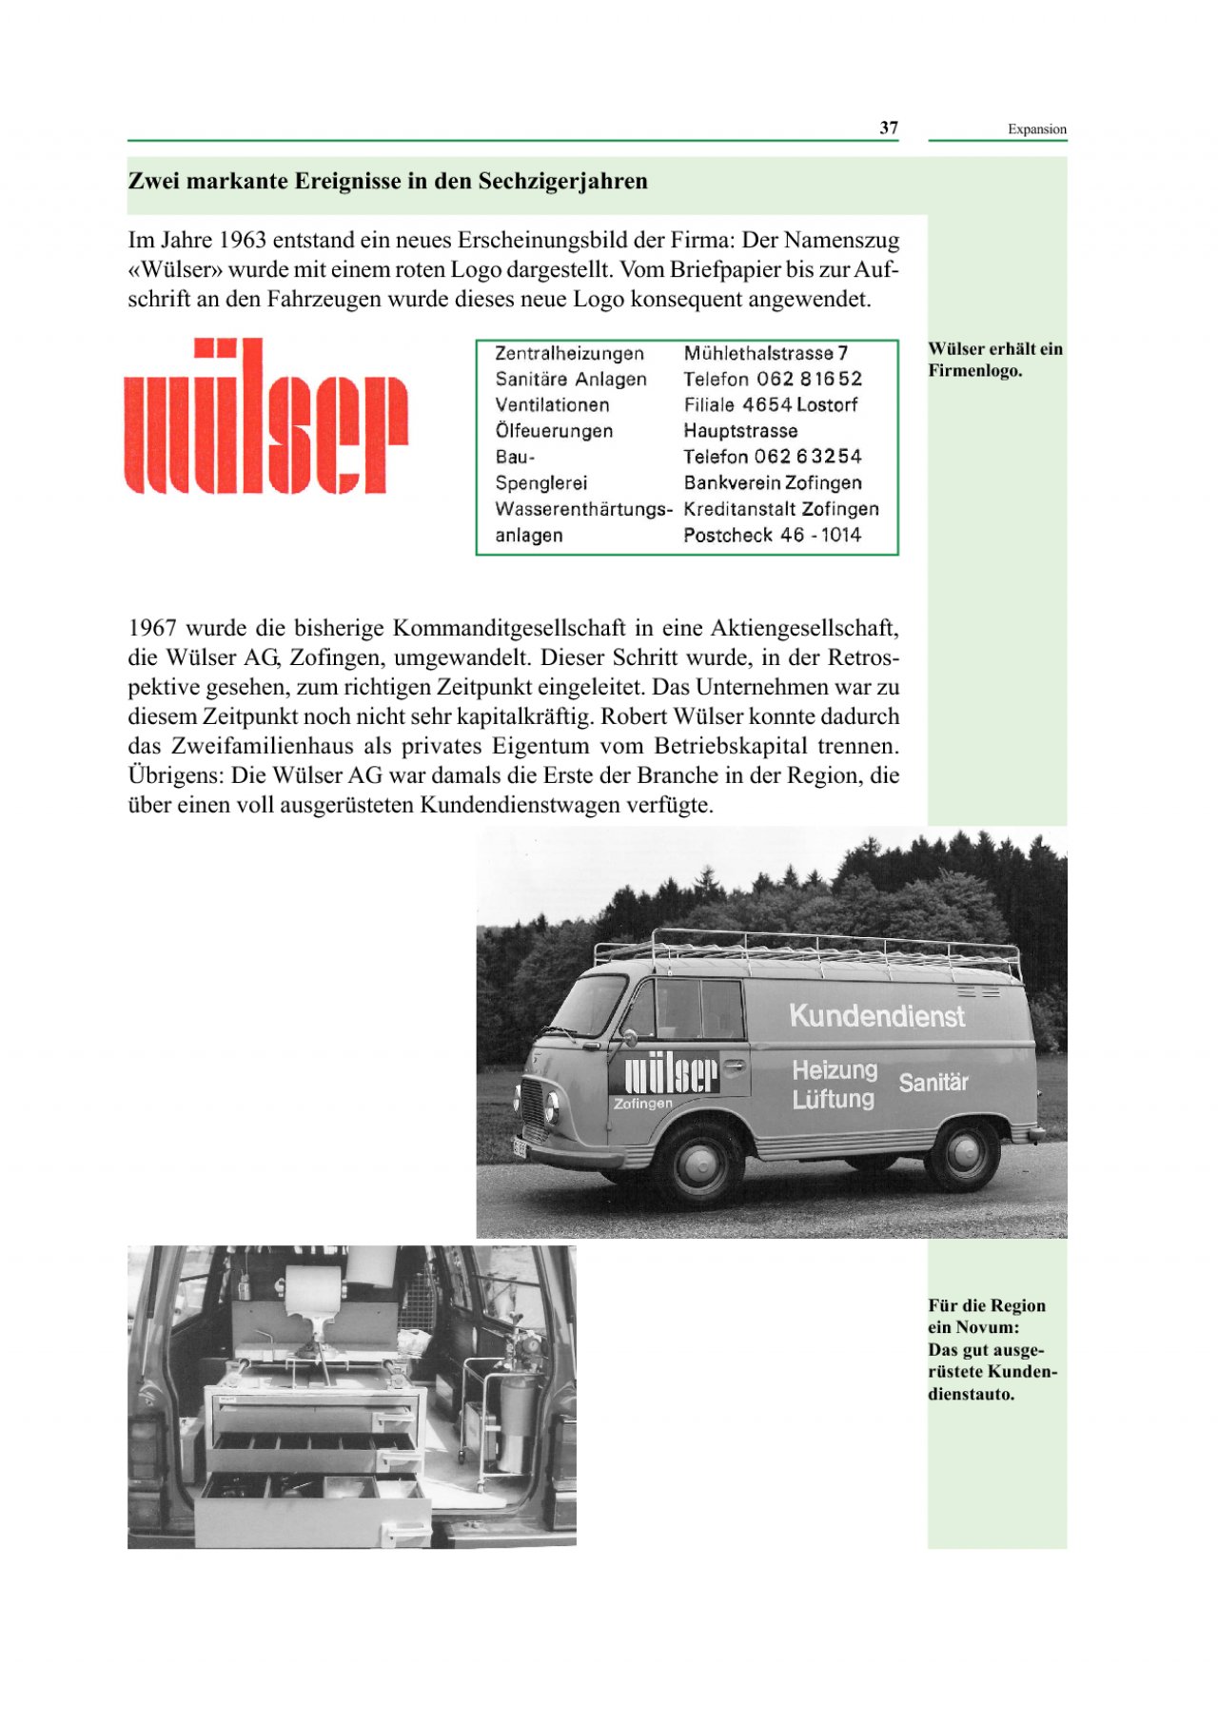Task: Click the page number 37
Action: coord(889,127)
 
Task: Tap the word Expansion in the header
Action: coord(1037,129)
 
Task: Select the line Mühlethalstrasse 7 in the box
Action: coord(766,353)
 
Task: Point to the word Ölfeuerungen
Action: coord(554,431)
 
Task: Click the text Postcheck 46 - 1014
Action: coord(772,535)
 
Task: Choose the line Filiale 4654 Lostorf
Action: coord(771,404)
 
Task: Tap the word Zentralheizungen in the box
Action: coord(569,353)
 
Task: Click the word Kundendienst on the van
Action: coord(876,1016)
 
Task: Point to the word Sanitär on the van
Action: coord(933,1082)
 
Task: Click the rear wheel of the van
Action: coord(966,1152)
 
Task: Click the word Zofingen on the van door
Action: coord(642,1104)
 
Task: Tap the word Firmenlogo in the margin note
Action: coord(974,370)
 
